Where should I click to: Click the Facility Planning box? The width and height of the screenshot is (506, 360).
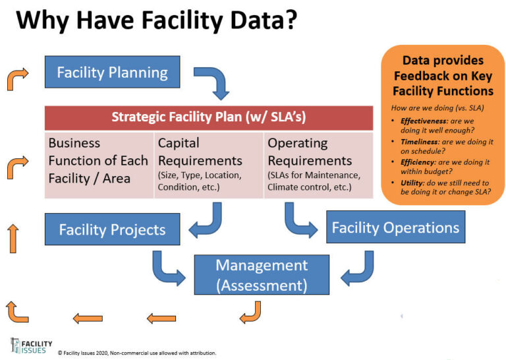point(112,72)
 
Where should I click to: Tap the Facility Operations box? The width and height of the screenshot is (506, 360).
point(395,227)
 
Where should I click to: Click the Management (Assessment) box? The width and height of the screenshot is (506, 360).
point(262,274)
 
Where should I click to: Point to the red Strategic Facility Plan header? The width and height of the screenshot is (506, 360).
point(208,117)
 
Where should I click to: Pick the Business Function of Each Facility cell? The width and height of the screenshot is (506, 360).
point(98,165)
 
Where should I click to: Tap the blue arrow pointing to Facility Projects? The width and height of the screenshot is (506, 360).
point(206,220)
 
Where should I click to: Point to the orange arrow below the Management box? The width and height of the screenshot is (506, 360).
point(250,312)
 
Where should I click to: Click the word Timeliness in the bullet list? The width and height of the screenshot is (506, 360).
point(415,142)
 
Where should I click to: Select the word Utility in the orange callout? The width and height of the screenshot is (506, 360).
point(408,183)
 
